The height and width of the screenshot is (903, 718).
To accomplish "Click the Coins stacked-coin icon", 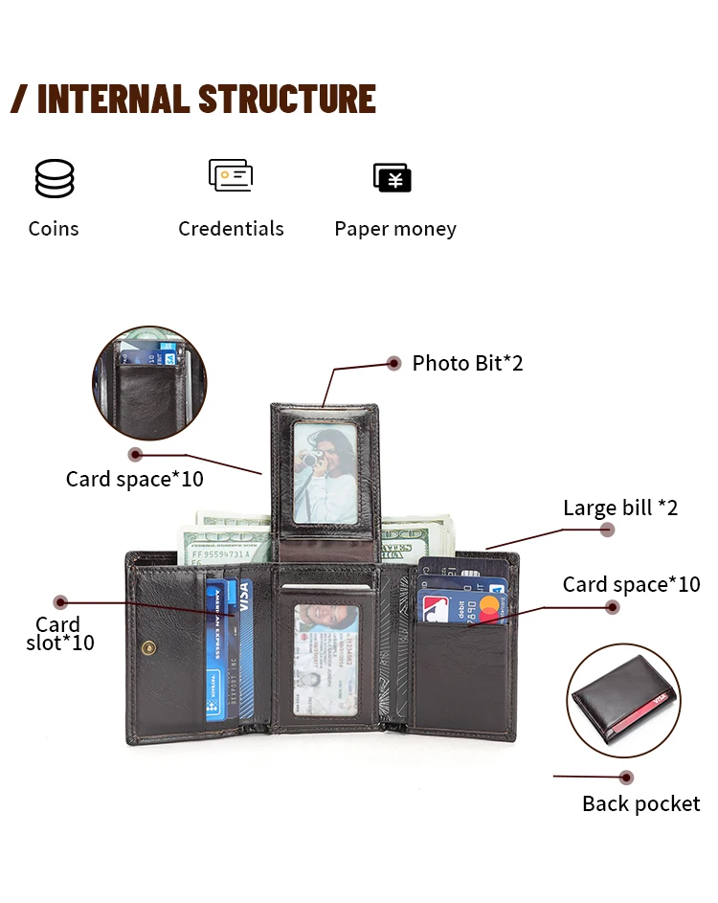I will point(55,179).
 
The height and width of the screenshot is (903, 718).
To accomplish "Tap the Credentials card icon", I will point(231,176).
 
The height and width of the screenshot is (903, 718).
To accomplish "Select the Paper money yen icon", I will point(393,177).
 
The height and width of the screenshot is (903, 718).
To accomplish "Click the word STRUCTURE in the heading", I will point(286,100).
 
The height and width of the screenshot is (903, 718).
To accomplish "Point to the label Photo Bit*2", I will point(467,363).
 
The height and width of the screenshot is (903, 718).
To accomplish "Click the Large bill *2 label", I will point(619,508).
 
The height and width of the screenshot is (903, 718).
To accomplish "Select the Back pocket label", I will point(640,803).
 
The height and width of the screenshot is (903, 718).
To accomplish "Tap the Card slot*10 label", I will point(59,633).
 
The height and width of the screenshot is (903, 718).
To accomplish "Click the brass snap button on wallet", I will point(146,648).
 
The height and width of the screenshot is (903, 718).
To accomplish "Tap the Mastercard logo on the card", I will point(491,604).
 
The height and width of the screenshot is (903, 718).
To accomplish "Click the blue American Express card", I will point(217,651).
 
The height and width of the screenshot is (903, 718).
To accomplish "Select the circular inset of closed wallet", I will point(623,700).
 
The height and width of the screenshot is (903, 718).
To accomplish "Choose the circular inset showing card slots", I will point(148,383).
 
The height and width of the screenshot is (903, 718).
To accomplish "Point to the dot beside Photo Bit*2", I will point(393,363).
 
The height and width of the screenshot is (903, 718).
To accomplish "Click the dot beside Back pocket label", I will point(626,777).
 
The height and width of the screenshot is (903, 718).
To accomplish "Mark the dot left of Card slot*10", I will point(60,601).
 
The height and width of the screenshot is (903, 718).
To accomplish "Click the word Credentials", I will point(231,229).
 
